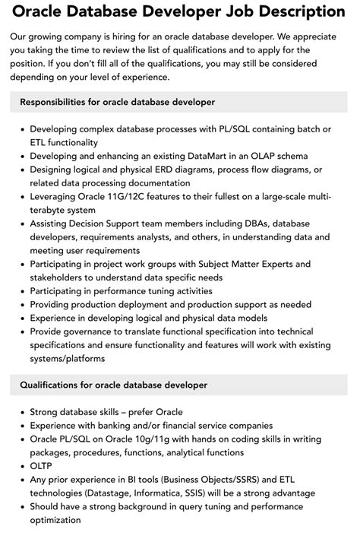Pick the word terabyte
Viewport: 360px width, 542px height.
pyautogui.click(x=51, y=210)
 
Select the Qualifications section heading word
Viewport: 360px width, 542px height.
pyautogui.click(x=54, y=385)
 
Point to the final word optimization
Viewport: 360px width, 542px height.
pyautogui.click(x=55, y=520)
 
